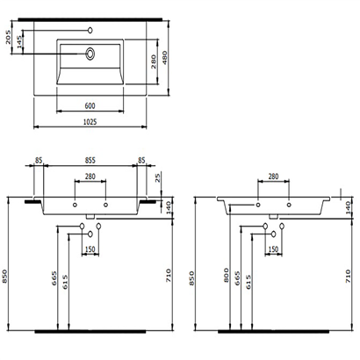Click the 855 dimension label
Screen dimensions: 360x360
point(89,160)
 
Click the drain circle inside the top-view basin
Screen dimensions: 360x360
point(90,53)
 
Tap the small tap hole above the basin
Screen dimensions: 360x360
point(89,28)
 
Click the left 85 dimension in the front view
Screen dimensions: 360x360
point(40,160)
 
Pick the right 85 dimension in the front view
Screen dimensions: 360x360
point(140,160)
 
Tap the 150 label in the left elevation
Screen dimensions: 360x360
point(90,249)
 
